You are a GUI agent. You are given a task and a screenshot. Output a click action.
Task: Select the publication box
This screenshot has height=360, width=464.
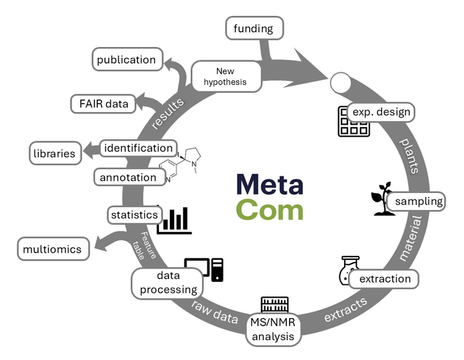tap(126, 60)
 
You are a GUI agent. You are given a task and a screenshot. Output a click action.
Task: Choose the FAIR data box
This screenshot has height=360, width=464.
tap(103, 104)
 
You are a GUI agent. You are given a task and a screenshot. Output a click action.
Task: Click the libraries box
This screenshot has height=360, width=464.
tap(54, 153)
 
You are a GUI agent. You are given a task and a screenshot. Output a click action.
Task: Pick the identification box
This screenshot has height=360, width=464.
tap(138, 148)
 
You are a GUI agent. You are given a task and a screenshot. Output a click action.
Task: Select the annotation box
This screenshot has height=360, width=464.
tap(128, 177)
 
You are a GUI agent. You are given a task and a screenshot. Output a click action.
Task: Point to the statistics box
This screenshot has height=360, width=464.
tap(134, 215)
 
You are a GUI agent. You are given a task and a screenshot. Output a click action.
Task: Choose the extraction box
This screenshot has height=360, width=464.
tap(384, 278)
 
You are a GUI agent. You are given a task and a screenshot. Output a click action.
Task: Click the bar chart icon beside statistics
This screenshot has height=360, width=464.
tap(174, 220)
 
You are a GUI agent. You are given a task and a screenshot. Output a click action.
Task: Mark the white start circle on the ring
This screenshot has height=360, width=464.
tap(340, 84)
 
